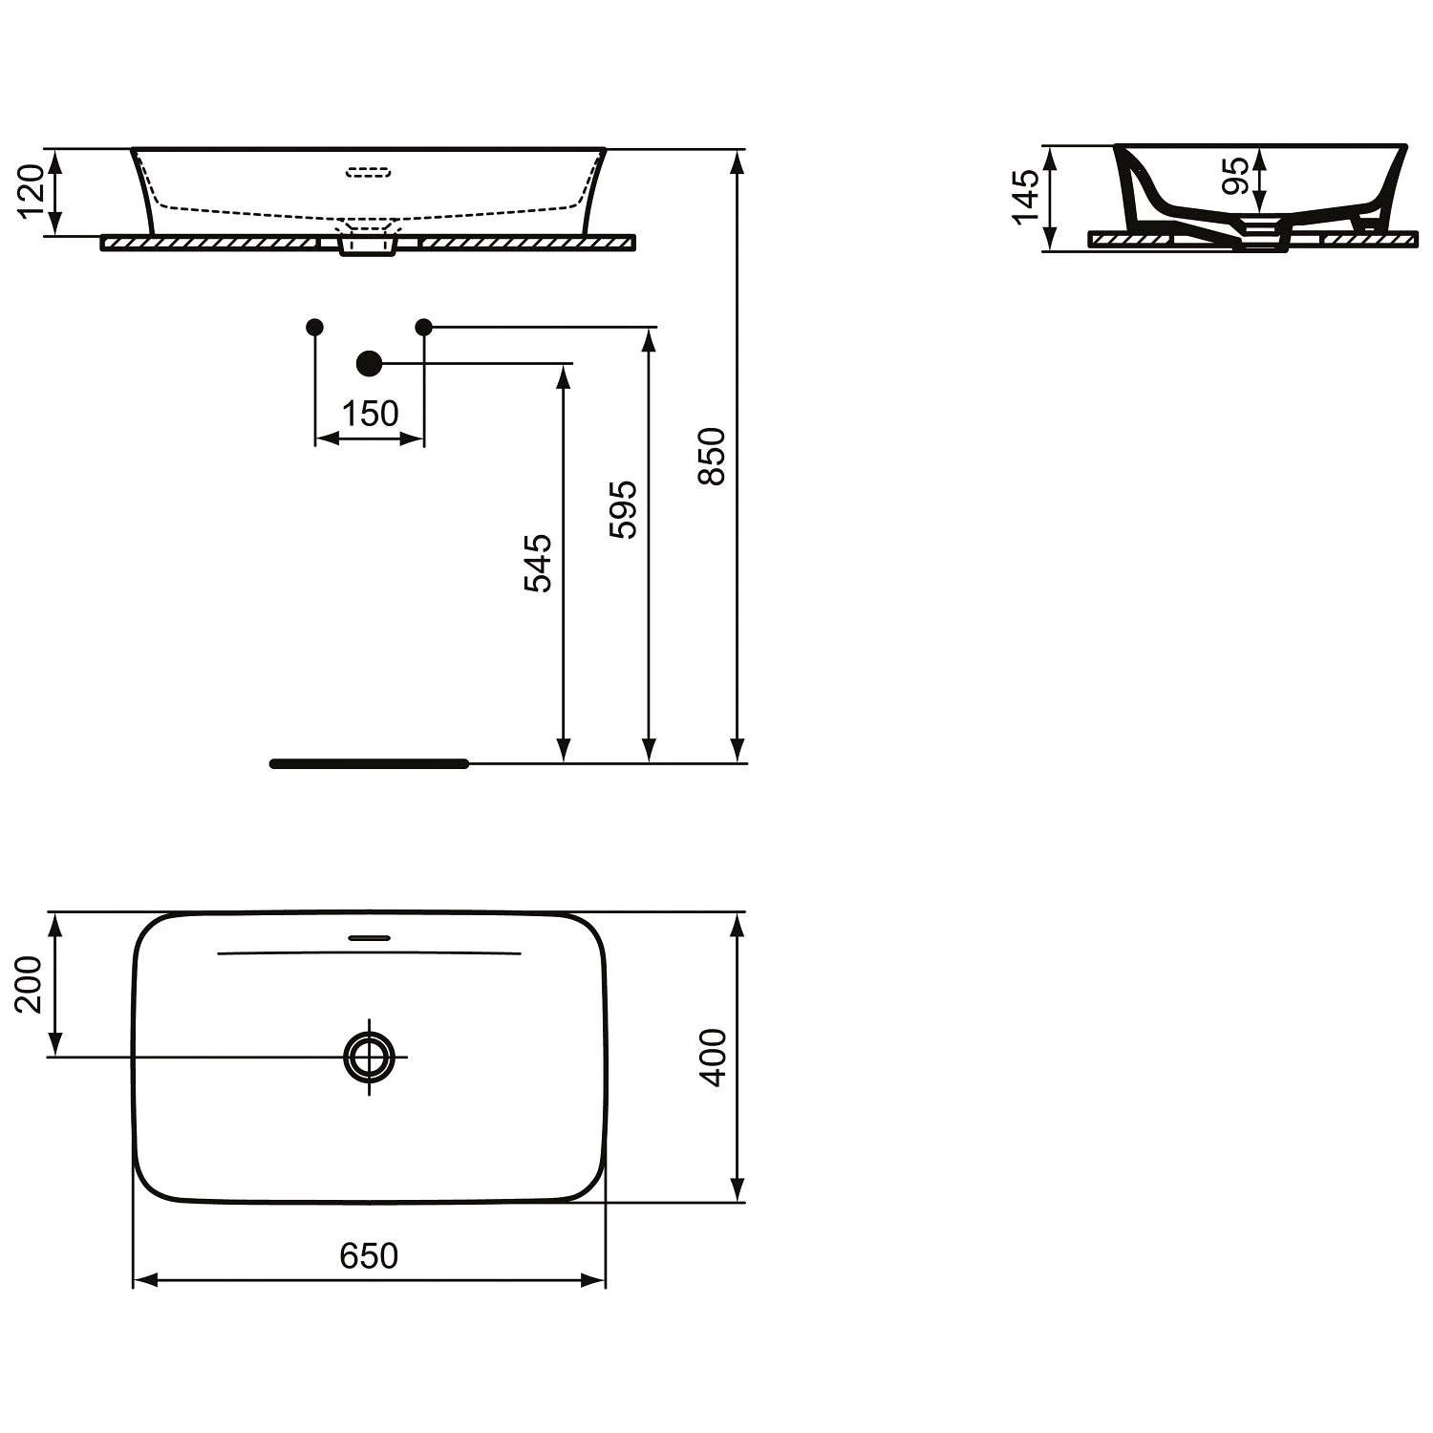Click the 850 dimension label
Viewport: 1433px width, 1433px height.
point(713,457)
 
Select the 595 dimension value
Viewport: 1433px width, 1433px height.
point(623,510)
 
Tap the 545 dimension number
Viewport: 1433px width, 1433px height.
point(539,564)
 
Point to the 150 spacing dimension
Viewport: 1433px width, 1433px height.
point(370,414)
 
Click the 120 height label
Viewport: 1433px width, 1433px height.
point(32,190)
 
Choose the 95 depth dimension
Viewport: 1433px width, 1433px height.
point(1236,176)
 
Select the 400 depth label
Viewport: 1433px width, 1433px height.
point(713,1057)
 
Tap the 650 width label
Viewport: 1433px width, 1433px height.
point(369,1255)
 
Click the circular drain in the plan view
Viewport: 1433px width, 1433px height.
point(369,1057)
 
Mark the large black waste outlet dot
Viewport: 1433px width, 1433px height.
point(369,363)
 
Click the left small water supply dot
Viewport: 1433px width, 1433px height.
point(314,327)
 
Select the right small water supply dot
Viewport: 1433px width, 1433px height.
point(424,327)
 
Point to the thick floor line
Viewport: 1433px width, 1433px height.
point(369,763)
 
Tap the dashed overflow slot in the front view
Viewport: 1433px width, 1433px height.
point(369,173)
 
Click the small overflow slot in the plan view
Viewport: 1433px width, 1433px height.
point(369,937)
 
